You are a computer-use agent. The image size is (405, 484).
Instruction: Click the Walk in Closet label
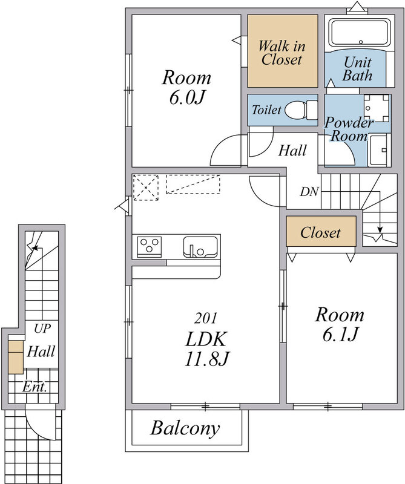coord(282,53)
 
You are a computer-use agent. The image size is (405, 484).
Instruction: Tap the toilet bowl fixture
coord(301,110)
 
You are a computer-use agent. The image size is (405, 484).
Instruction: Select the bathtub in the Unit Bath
coord(360,33)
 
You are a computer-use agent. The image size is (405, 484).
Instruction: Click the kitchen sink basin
coord(200,247)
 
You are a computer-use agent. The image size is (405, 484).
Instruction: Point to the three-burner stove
coord(150,247)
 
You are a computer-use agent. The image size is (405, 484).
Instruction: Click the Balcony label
coord(185,428)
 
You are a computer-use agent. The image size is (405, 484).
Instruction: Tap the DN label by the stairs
coord(309,192)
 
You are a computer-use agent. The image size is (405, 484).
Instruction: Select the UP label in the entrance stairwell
coord(42,329)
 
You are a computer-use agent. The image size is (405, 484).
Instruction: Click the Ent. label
coord(35,387)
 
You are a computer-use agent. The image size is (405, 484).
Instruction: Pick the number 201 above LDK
coord(206,318)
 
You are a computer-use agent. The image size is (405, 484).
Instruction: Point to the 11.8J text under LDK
coord(207,359)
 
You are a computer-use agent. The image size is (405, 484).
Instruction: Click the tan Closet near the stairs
coord(321,232)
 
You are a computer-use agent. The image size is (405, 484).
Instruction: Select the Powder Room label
coord(349,129)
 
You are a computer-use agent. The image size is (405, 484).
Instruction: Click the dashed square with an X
coord(146,188)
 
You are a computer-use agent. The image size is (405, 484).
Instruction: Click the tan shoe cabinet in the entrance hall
coord(16,357)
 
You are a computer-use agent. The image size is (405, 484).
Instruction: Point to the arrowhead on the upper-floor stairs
coord(380,230)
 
